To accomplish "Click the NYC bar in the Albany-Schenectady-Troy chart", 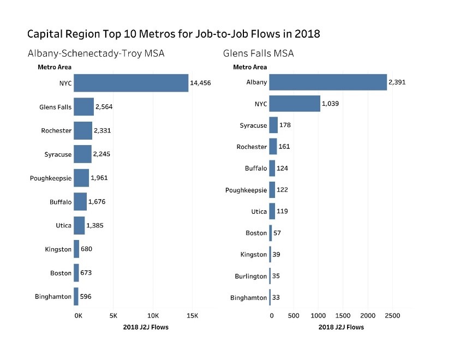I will pyautogui.click(x=131, y=83).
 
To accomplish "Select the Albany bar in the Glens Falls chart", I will pyautogui.click(x=328, y=82).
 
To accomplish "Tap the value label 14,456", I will pyautogui.click(x=200, y=83).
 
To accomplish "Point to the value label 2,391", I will pyautogui.click(x=397, y=82).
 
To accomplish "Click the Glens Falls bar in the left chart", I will pyautogui.click(x=83, y=107).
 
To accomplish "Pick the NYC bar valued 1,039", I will pyautogui.click(x=295, y=104).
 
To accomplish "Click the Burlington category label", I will pyautogui.click(x=251, y=276).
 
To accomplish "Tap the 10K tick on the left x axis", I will pyautogui.click(x=153, y=316).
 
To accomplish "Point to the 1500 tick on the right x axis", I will pyautogui.click(x=343, y=316).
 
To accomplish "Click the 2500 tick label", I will pyautogui.click(x=392, y=316).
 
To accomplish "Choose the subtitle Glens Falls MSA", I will pyautogui.click(x=258, y=53).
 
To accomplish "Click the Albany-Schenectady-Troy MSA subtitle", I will pyautogui.click(x=96, y=53).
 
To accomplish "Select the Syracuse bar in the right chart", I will pyautogui.click(x=273, y=125).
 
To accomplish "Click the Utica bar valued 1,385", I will pyautogui.click(x=79, y=225).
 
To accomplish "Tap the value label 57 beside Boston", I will pyautogui.click(x=277, y=233).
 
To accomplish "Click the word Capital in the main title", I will pyautogui.click(x=47, y=34).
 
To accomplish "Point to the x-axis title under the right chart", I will pyautogui.click(x=341, y=327).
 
